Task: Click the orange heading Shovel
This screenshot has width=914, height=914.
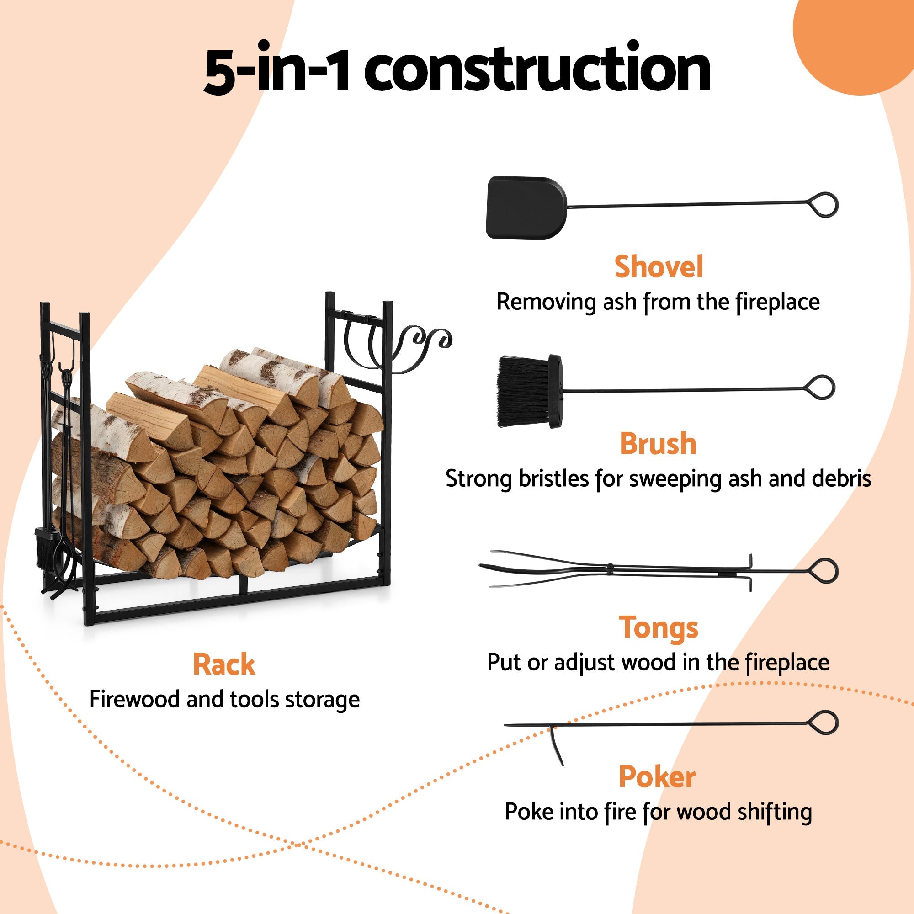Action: point(658,267)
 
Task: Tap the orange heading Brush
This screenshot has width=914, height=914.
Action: point(658,444)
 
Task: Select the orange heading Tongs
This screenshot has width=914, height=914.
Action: point(658,628)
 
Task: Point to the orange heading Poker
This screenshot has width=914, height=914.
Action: point(657,777)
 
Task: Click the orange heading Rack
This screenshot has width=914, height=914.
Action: point(224,664)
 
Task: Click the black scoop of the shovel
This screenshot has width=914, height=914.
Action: point(525,207)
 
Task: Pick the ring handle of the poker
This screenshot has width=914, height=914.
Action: point(824,723)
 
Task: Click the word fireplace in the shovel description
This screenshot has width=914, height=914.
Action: point(777,302)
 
